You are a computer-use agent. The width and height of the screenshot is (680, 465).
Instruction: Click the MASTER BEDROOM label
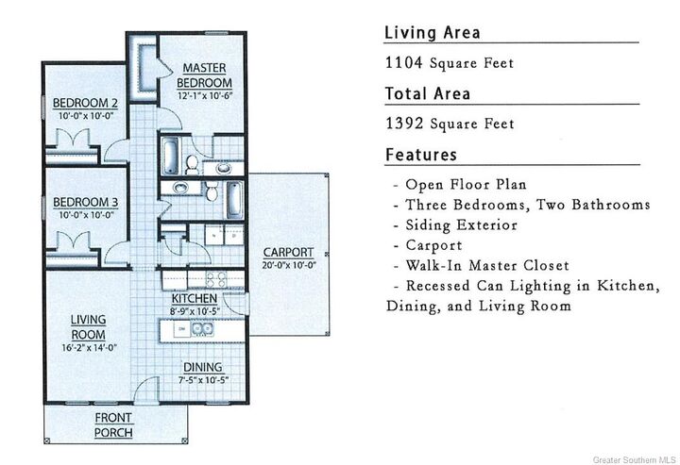pyautogui.click(x=204, y=75)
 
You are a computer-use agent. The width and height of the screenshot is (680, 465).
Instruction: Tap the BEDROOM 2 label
pyautogui.click(x=85, y=103)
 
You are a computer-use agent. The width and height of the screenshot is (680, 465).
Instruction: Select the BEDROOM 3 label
pyautogui.click(x=85, y=202)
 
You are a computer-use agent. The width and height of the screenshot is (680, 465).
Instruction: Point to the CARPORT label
pyautogui.click(x=288, y=252)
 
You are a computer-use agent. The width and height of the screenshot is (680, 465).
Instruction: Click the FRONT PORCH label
pyautogui.click(x=113, y=425)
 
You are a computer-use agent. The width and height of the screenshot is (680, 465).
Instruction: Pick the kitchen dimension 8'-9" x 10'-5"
pyautogui.click(x=195, y=311)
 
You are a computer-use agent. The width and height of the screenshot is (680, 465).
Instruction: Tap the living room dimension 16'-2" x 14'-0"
pyautogui.click(x=89, y=347)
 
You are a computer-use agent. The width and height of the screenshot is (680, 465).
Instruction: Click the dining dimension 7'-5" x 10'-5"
pyautogui.click(x=203, y=380)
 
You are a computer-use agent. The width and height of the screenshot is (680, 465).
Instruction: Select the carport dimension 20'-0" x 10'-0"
pyautogui.click(x=289, y=265)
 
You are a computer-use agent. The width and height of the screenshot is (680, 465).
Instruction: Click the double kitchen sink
pyautogui.click(x=202, y=329)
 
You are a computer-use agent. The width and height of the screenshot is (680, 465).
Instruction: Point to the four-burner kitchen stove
pyautogui.click(x=216, y=279)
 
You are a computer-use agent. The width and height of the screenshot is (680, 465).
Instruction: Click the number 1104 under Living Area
pyautogui.click(x=404, y=63)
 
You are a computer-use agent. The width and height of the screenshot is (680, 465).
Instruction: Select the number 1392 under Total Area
pyautogui.click(x=404, y=124)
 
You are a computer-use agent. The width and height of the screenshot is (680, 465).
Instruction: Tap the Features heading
pyautogui.click(x=421, y=155)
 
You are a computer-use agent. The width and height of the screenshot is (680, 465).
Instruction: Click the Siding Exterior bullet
pyautogui.click(x=461, y=225)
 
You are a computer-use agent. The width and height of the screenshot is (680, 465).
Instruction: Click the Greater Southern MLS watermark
pyautogui.click(x=633, y=459)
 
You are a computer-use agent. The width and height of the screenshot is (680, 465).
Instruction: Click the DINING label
pyautogui.click(x=203, y=367)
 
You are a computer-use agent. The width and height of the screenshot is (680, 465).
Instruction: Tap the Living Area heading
pyautogui.click(x=433, y=33)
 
